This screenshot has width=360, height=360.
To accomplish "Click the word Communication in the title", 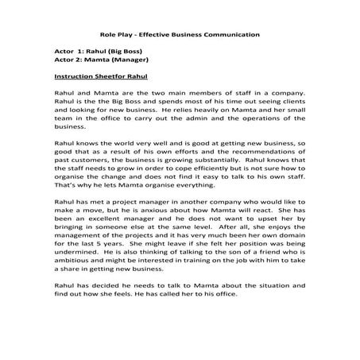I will (234, 36).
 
